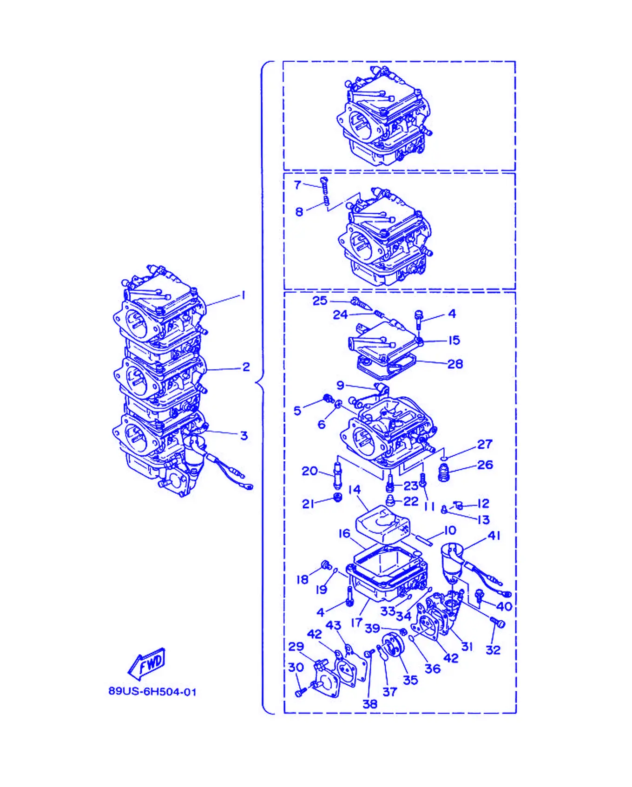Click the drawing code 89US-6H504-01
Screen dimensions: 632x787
click(x=152, y=692)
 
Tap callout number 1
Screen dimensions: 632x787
click(x=243, y=295)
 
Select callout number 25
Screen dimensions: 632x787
click(x=320, y=301)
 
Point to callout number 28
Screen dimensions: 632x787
click(x=455, y=364)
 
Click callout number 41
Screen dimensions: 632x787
click(x=494, y=536)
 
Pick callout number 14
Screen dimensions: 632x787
click(x=355, y=490)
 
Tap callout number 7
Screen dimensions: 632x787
click(x=297, y=185)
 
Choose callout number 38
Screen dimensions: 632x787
click(x=370, y=704)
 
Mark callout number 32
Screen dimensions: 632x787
click(x=493, y=650)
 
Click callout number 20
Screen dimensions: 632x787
click(x=309, y=471)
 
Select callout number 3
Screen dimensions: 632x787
click(x=244, y=436)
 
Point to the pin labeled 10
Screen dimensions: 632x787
click(x=424, y=541)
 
